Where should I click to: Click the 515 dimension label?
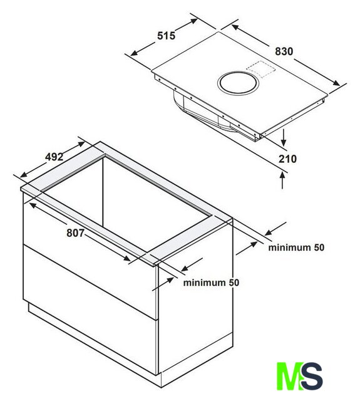pos(166,36)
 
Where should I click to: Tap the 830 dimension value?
pos(284,51)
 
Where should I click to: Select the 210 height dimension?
pos(287,159)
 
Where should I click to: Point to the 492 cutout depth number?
pos(54,157)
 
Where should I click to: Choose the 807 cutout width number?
pos(75,233)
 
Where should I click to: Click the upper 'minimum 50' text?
pos(296,247)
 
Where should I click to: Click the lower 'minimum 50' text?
pos(211,283)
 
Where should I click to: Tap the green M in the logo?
pos(289,376)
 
